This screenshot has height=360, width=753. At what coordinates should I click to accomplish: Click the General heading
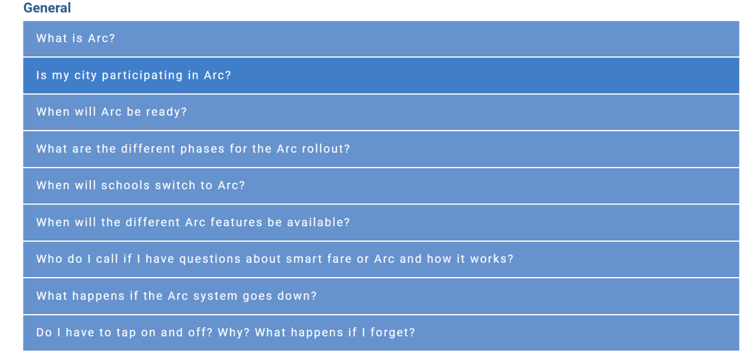click(47, 8)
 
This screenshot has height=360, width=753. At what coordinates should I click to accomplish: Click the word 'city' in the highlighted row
click(85, 76)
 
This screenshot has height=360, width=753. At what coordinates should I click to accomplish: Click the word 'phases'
click(202, 149)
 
